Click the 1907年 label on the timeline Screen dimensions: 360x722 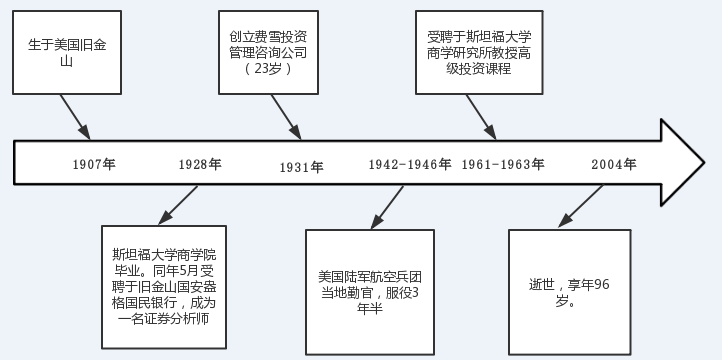[x=95, y=164]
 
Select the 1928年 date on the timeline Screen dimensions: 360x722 [x=200, y=164]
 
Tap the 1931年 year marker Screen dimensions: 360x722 [x=302, y=167]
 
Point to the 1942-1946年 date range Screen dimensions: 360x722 [x=409, y=164]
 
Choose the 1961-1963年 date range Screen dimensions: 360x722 [x=503, y=164]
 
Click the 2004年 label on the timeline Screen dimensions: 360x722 [x=613, y=164]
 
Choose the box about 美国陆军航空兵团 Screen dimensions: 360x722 [x=369, y=291]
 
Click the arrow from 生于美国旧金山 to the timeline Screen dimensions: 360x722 [x=76, y=117]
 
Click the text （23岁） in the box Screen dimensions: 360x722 [x=267, y=69]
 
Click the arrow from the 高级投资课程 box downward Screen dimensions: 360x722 [x=484, y=116]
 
